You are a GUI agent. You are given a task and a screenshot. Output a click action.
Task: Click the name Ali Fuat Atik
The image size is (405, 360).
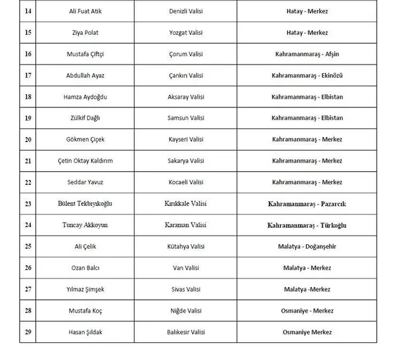coord(85,11)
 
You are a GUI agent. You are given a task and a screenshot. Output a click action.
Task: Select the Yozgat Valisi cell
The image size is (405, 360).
coord(187,32)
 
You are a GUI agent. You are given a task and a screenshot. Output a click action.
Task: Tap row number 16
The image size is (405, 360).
coord(28,54)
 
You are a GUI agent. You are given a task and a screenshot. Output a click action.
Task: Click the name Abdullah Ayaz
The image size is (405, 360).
coord(85,75)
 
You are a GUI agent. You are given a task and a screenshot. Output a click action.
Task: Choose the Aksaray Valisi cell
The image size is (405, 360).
coord(187,97)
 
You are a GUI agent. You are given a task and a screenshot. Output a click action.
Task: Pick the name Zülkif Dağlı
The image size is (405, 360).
coord(85,118)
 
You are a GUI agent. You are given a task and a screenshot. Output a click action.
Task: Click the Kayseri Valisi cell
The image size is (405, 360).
coord(187,140)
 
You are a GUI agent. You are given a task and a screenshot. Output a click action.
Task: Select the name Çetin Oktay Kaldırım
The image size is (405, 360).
coord(85,161)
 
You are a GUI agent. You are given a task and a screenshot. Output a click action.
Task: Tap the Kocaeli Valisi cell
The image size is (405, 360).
coord(187,182)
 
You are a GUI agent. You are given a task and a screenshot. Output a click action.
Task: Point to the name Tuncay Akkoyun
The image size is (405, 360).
coord(85,225)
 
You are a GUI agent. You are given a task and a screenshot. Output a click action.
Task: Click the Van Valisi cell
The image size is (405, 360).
coord(187,268)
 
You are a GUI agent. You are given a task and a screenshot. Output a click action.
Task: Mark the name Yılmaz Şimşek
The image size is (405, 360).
coord(85,290)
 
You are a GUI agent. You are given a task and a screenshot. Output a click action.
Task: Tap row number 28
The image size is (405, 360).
coord(28,311)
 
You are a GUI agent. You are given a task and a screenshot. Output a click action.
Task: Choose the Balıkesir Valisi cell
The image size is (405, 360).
coord(187,332)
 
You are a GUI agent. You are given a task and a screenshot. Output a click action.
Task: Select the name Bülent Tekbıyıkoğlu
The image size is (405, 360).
coord(85,204)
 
